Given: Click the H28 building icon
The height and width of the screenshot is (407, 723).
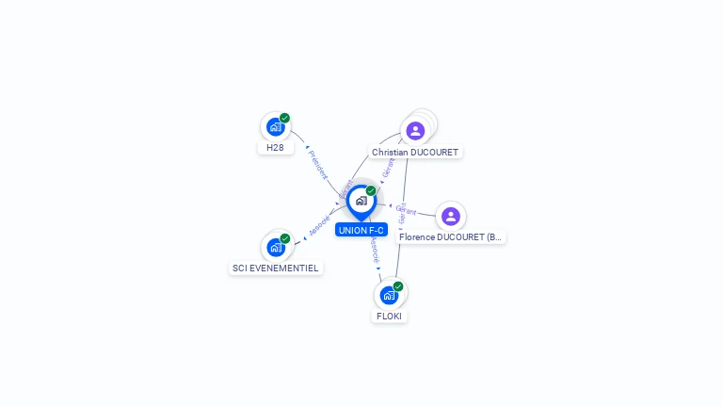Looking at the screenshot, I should coord(275,127).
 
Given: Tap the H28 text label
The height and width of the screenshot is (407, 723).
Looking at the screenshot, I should coord(275,148).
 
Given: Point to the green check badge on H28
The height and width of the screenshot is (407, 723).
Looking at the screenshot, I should coord(284,118).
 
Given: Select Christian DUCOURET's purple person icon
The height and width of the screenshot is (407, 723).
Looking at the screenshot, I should coord(415,131).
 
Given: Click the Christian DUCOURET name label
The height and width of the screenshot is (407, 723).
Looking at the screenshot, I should coord(415,152).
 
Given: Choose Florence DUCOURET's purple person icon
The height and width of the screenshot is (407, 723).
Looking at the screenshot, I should coord(451,217).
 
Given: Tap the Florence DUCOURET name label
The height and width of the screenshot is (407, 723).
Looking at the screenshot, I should coord(451,237).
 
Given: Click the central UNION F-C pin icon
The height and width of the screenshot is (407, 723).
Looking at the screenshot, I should coord(361,201).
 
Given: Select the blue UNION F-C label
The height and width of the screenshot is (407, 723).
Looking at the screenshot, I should coord(361,230).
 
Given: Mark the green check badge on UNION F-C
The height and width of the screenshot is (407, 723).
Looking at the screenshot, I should coord(371,190).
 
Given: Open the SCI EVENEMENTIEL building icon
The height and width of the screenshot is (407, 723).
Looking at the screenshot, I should coord(276,247).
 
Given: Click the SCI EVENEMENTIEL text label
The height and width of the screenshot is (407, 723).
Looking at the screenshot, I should coord(276,268).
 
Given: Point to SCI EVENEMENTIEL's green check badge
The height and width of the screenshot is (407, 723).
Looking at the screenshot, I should coord(285,238).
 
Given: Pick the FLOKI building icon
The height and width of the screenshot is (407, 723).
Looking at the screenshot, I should coord(389,295).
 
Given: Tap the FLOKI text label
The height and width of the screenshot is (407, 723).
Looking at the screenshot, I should coord(389,316).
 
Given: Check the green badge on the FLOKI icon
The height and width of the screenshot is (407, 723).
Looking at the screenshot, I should coord(398,286).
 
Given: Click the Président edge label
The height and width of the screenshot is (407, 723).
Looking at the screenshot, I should coord(318,163).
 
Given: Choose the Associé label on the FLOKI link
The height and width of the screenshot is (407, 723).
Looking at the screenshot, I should coord(374,250).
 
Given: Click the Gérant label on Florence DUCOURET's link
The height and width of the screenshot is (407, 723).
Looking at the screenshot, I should coord(407,210).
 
